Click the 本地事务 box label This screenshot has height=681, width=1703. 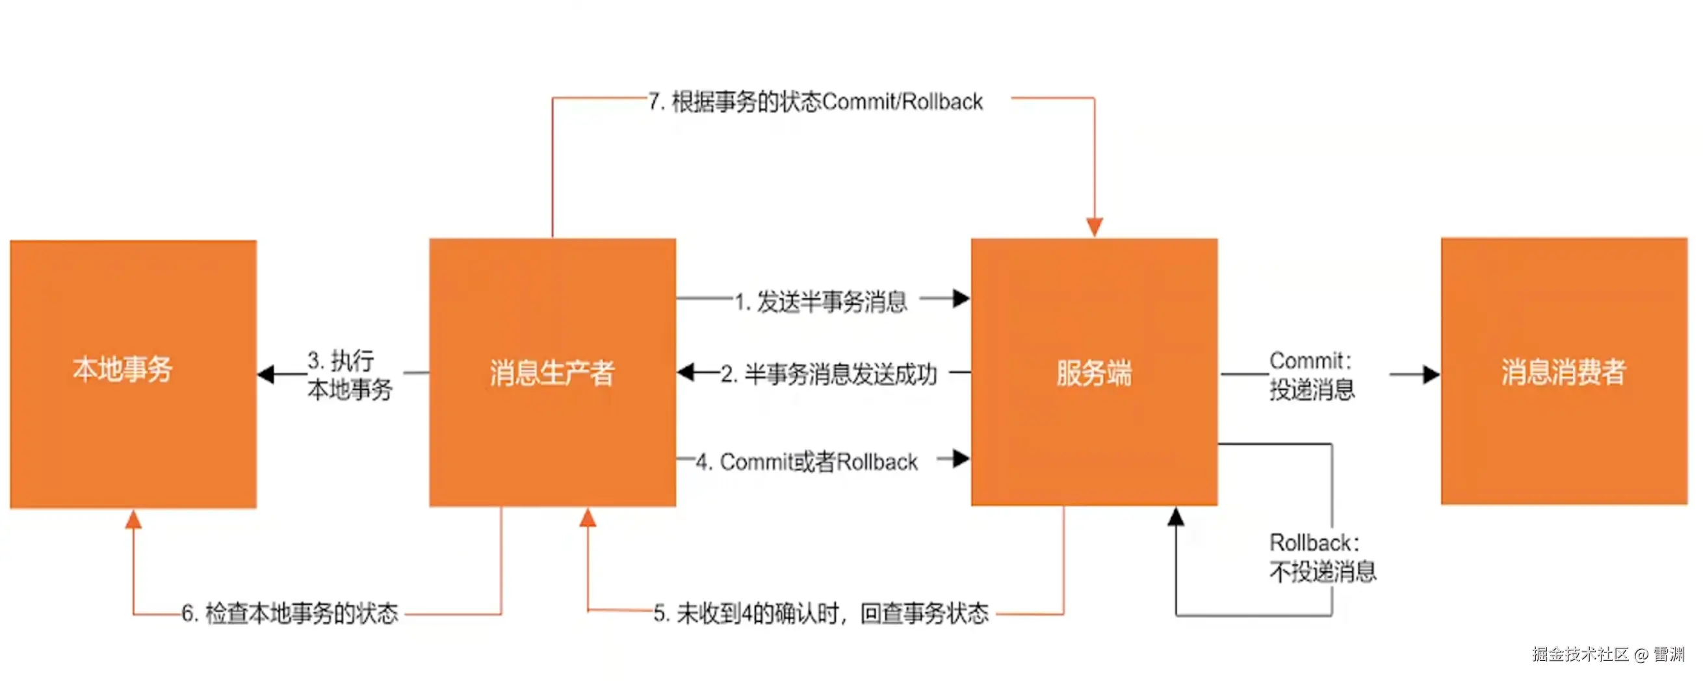tap(122, 369)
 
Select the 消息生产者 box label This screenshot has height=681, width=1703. tap(552, 373)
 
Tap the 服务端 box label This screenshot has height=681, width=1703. tap(1093, 373)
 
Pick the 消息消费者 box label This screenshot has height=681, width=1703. tap(1563, 372)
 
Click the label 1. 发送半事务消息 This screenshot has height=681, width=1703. tap(820, 302)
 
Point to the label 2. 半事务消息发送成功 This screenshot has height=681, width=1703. tap(828, 374)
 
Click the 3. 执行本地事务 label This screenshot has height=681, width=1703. tap(349, 376)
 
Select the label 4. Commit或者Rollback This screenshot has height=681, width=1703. tap(807, 461)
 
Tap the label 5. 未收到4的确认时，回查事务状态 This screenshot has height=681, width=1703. tap(820, 613)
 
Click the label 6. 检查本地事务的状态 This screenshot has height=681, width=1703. tap(289, 613)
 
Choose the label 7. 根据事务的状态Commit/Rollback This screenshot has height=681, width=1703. tap(815, 102)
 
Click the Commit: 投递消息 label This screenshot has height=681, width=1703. tap(1312, 376)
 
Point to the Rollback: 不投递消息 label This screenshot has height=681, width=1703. tap(1322, 557)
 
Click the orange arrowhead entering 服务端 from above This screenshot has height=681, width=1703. tap(1094, 227)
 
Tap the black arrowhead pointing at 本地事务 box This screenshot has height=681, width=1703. tap(266, 375)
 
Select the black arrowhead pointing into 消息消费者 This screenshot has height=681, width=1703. tap(1431, 375)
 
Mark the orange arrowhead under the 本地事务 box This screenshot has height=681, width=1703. tap(133, 520)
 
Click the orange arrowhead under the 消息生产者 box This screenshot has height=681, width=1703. tap(588, 518)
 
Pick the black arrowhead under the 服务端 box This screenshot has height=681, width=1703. tap(1175, 517)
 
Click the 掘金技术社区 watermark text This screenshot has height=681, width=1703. tap(1580, 654)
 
